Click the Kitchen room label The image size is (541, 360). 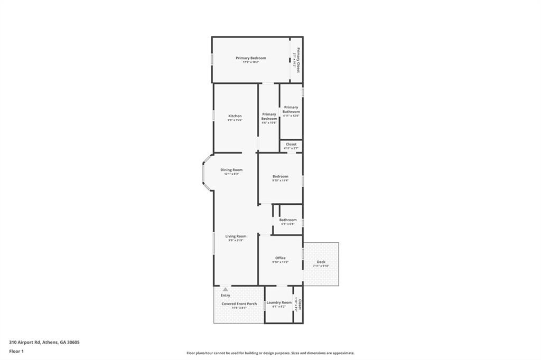[235, 116]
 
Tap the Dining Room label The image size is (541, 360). [231, 170]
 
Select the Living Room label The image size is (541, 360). [236, 236]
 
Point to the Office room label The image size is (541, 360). [280, 258]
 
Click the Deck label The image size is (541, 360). [321, 262]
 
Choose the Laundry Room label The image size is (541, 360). [278, 302]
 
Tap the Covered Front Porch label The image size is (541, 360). [239, 304]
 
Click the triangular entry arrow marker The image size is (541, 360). [226, 289]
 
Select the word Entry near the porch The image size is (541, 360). [226, 296]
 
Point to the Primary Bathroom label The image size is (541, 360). [291, 109]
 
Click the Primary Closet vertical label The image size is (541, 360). [298, 60]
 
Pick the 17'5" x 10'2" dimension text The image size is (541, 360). [250, 62]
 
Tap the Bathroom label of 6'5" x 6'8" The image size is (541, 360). [288, 220]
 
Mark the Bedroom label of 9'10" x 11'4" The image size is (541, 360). [280, 176]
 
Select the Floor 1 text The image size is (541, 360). [17, 350]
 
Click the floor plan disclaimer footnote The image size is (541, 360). [270, 353]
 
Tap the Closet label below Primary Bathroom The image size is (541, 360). [291, 144]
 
